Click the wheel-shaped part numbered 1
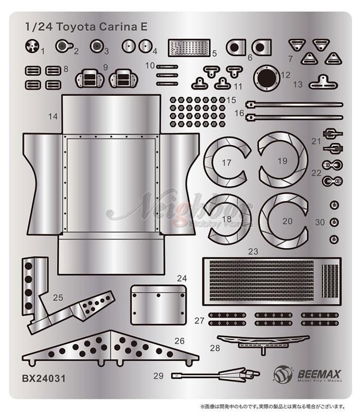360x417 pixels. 32,47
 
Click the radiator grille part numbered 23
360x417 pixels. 273,281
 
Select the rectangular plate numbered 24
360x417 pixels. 157,304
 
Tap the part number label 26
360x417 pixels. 179,341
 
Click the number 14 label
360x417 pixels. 53,116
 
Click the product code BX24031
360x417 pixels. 43,378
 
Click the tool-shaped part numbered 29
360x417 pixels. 216,375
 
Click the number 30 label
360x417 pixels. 320,223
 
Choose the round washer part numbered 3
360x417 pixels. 96,47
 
